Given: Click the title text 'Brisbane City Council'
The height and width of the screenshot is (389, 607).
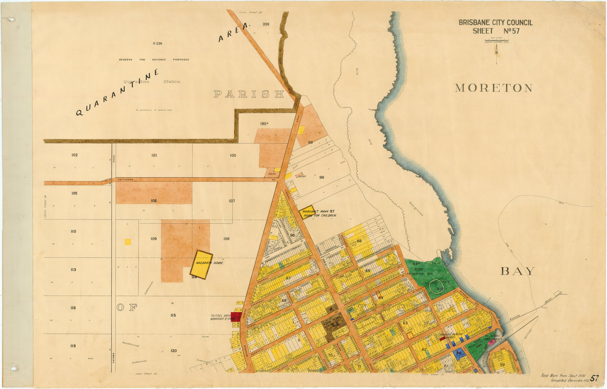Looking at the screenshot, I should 496,23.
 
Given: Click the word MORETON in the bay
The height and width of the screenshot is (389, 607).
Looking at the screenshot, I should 494,88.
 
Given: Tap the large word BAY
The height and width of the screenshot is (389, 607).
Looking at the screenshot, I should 517,271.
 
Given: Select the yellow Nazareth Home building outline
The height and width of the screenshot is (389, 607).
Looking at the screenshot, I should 201,264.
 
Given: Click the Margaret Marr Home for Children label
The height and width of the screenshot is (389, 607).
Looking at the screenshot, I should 318,213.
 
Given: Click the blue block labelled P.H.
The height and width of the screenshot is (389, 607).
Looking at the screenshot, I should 458,353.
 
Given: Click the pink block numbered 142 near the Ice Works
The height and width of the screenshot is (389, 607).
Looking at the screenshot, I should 491,343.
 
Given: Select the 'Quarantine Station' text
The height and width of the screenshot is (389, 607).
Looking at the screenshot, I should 152,82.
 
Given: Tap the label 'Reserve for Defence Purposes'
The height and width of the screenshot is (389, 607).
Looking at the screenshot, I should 154,60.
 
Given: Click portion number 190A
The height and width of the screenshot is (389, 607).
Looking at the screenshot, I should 264,124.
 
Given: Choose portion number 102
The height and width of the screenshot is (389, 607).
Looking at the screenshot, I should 75,155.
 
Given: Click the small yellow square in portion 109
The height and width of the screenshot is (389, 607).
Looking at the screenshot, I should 128,242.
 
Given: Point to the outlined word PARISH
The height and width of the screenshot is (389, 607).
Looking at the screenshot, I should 249,94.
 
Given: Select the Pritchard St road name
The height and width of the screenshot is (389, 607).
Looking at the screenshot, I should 125,180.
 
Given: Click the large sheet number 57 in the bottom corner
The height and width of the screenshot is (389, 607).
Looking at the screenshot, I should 594,378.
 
